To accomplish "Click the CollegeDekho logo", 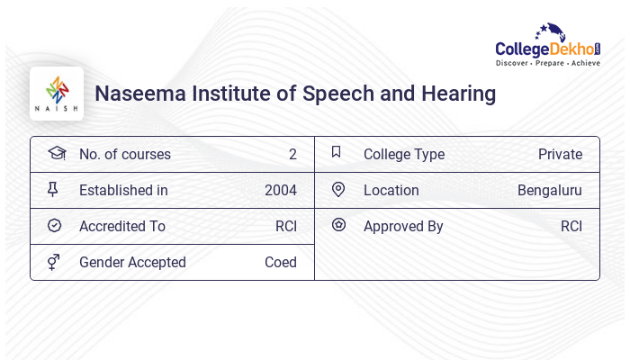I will (547, 45).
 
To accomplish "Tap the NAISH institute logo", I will (57, 94).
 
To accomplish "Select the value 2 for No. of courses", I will (292, 155).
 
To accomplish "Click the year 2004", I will (281, 191).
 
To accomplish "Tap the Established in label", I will (123, 191).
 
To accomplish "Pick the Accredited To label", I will (122, 227).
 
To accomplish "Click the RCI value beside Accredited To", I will (286, 227).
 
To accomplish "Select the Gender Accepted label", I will (132, 263).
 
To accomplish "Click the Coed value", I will (281, 263).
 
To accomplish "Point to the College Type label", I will (404, 155).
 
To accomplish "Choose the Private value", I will (560, 155).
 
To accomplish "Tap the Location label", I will (391, 191).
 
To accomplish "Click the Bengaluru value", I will (550, 191).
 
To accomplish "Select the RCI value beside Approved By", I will (571, 227).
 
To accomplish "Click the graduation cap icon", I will (56, 153).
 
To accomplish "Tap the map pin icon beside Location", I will (338, 189).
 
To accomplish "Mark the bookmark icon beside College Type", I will (337, 152).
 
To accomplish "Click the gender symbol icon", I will (54, 262).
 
